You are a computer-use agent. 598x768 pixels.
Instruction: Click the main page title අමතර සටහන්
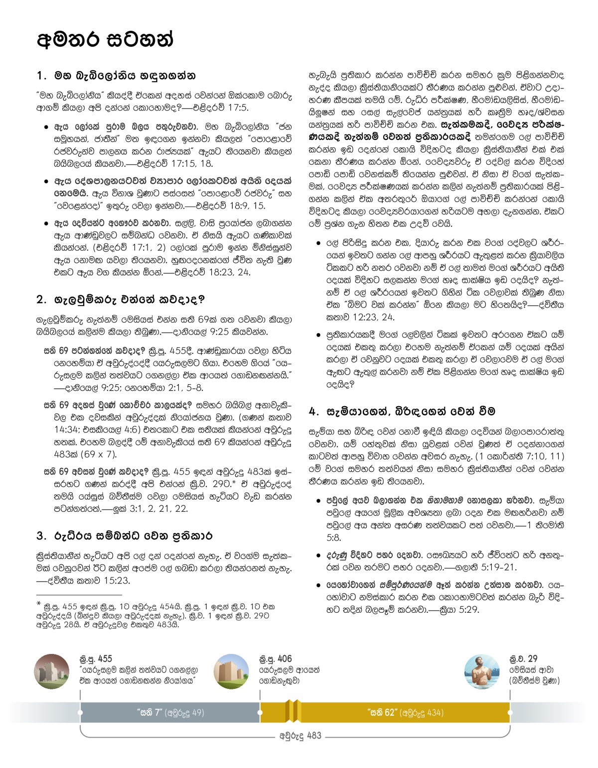[x=105, y=39]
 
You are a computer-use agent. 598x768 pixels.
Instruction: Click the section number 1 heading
[x=116, y=76]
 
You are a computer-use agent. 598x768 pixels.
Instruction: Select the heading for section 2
[x=121, y=300]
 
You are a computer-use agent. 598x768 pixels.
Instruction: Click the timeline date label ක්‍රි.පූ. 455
[x=96, y=659]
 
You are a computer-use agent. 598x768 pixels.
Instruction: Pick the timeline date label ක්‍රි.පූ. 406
[x=276, y=659]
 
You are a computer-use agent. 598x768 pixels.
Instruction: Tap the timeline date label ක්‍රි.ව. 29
[x=523, y=659]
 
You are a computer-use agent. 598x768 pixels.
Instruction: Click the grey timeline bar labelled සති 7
[x=170, y=713]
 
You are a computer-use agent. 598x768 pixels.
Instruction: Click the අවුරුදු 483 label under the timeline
[x=300, y=736]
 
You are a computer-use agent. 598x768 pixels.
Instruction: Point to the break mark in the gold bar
[x=293, y=712]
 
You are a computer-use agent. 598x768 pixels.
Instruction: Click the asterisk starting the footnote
[x=39, y=604]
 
